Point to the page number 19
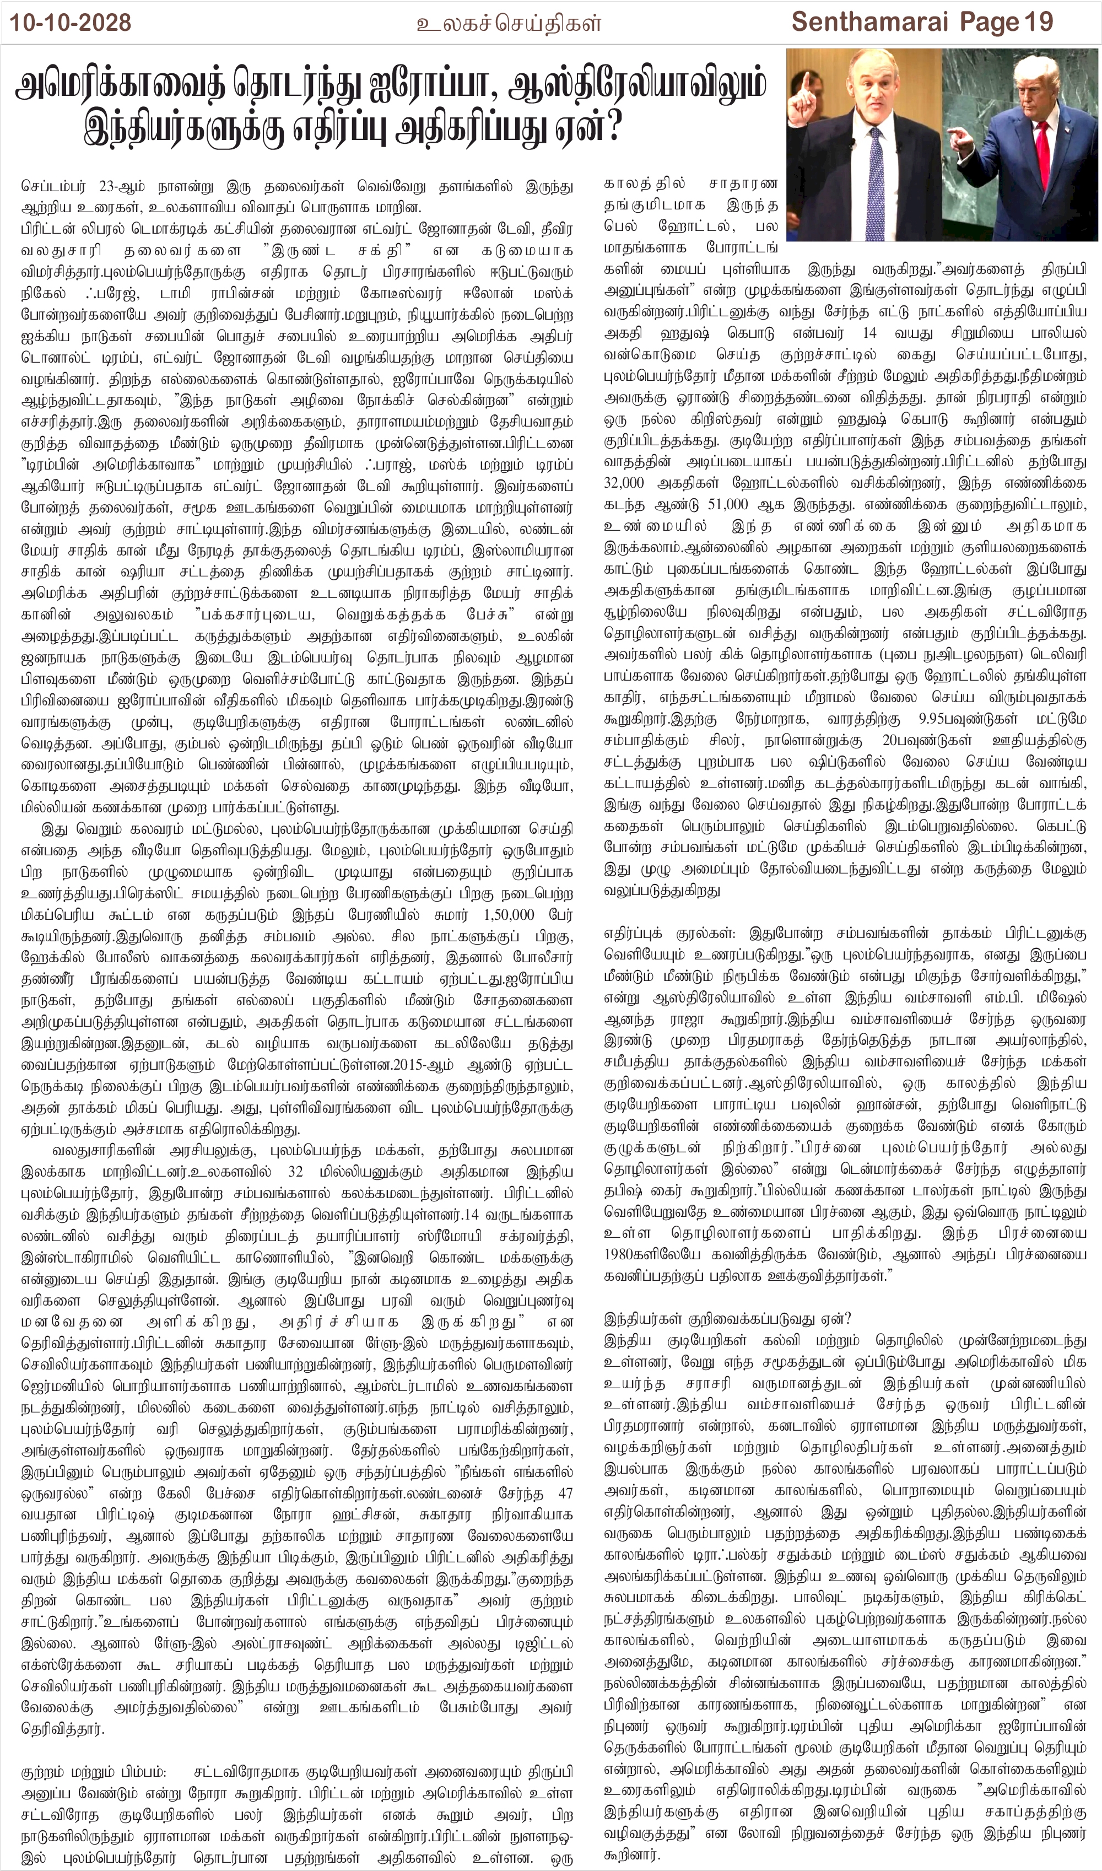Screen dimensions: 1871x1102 click(1039, 23)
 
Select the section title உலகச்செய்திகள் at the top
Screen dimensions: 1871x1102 click(509, 24)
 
